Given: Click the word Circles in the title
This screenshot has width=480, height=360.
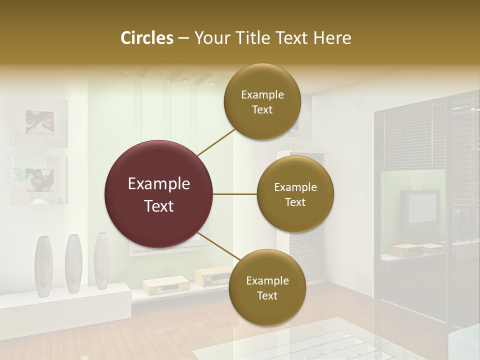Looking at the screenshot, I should [147, 38].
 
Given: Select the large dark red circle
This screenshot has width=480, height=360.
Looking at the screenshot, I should [158, 194].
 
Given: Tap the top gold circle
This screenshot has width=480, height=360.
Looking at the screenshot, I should [262, 102].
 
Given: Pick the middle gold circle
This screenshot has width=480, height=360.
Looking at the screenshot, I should [295, 194].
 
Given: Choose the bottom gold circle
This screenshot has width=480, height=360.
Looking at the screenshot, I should [267, 288].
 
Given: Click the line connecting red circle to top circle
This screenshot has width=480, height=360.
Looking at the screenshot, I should [216, 142].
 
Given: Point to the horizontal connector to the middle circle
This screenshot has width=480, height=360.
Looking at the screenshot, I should [235, 194].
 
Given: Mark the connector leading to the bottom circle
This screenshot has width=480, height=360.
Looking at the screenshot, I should [218, 247].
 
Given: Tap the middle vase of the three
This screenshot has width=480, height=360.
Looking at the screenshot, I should [73, 263].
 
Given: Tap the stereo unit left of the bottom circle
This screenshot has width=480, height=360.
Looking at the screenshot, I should [166, 285].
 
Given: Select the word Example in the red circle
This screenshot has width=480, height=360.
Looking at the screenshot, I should [158, 184].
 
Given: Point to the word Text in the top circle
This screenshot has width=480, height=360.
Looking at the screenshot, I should [262, 109].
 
